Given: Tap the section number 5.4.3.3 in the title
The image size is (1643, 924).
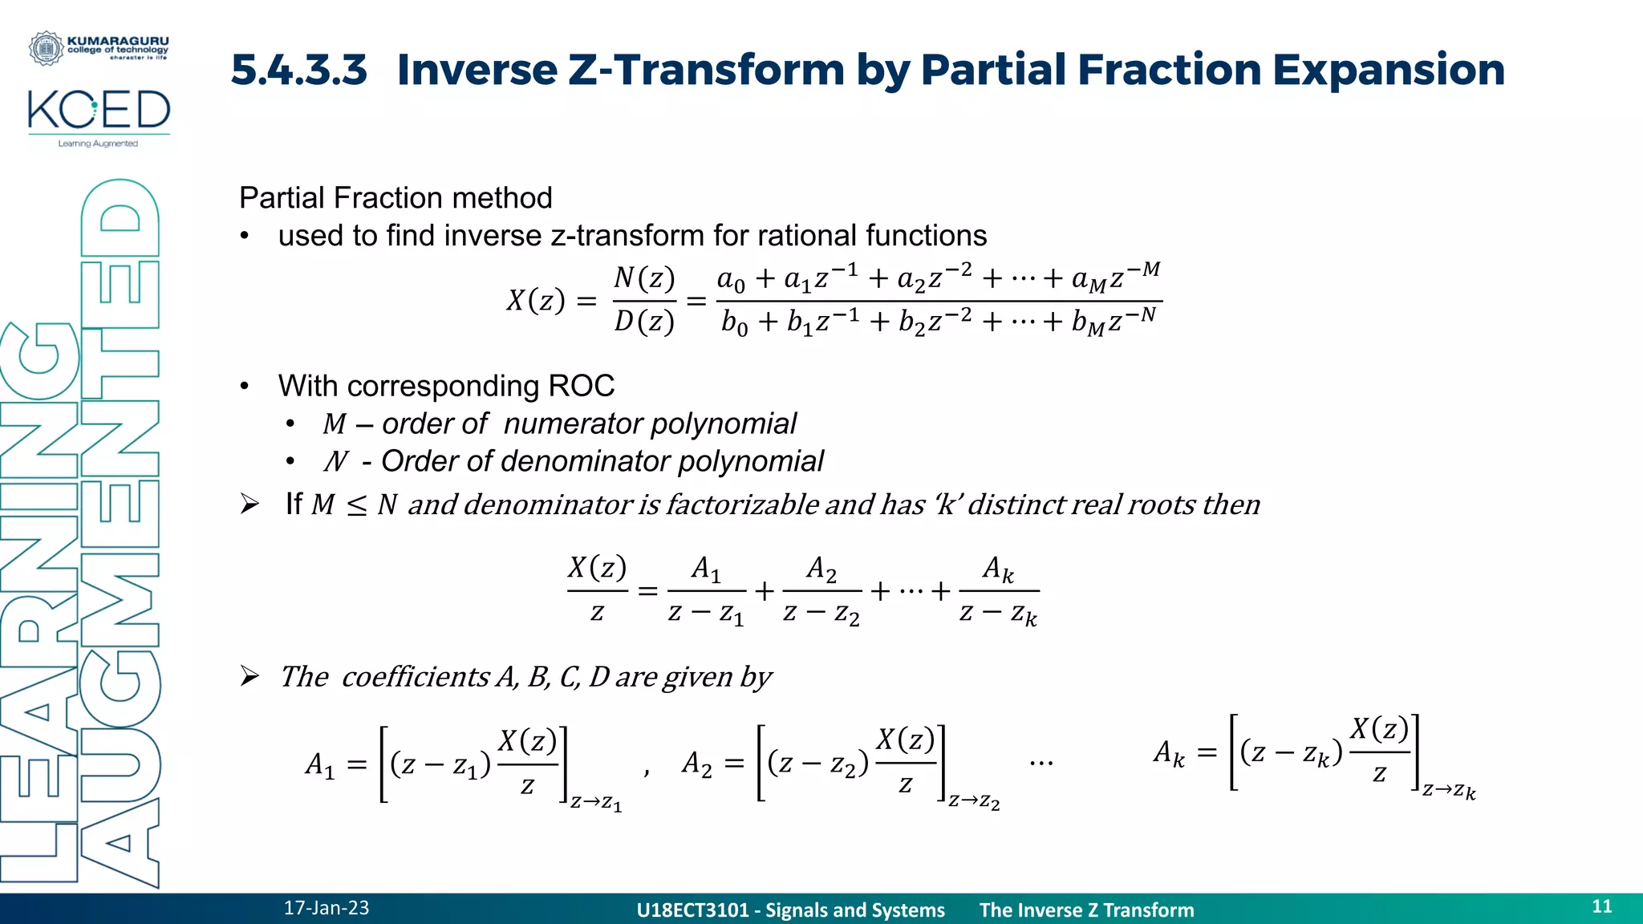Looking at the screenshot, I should click(299, 70).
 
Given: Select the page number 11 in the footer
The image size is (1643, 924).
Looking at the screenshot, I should click(1601, 906).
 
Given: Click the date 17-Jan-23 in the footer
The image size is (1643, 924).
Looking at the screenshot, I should click(326, 908).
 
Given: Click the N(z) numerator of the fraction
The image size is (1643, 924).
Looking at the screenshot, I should click(644, 278).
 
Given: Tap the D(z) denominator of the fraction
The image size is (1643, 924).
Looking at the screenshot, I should click(644, 322).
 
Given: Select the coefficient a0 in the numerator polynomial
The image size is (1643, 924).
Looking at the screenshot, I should click(731, 280).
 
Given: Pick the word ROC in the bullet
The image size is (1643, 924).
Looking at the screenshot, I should click(581, 386).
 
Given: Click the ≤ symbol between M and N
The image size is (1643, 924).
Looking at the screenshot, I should click(356, 505).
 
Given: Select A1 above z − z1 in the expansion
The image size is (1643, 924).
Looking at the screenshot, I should click(706, 569).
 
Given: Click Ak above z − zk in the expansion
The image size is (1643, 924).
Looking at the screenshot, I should click(998, 569).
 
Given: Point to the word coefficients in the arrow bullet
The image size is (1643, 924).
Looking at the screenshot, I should click(416, 677).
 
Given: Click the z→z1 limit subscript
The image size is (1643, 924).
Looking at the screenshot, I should click(596, 802).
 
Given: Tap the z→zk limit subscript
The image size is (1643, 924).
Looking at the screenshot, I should click(1449, 791).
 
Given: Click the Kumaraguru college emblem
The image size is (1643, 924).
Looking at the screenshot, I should click(46, 48).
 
